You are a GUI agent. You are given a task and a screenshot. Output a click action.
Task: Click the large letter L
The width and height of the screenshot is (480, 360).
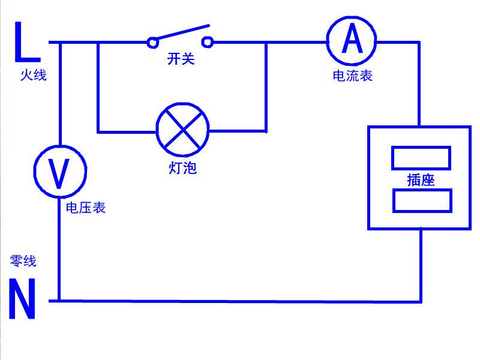[25, 43]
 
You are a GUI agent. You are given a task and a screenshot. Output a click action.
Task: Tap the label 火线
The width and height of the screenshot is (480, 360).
[32, 76]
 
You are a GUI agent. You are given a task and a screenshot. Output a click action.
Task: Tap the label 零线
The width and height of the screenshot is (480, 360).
[23, 261]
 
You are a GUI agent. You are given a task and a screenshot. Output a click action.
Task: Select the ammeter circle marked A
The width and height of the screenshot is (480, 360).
[352, 40]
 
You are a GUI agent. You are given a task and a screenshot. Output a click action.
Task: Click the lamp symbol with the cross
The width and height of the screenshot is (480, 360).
[182, 130]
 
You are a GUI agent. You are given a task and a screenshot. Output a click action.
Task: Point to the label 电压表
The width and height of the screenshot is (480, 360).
[86, 208]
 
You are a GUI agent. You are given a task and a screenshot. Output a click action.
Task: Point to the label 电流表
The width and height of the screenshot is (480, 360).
[353, 76]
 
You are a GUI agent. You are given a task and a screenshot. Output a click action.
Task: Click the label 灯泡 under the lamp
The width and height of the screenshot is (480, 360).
[183, 168]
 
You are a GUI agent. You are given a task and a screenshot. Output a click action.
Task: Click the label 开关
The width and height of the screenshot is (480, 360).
[181, 59]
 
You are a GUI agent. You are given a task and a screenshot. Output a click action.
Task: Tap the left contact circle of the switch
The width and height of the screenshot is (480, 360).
[153, 42]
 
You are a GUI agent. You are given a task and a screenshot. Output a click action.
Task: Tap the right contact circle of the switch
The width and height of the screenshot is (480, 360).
[208, 41]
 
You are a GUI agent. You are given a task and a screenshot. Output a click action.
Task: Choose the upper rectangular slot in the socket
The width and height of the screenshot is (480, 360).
[421, 158]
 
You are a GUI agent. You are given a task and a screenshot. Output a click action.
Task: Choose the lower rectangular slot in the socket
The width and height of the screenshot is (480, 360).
[422, 200]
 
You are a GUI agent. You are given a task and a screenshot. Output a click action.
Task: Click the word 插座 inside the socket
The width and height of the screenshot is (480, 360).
[421, 179]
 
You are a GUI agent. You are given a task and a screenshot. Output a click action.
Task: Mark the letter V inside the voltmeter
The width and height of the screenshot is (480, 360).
[59, 173]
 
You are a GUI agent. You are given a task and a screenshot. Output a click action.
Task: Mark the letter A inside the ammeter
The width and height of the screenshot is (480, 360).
[352, 40]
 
